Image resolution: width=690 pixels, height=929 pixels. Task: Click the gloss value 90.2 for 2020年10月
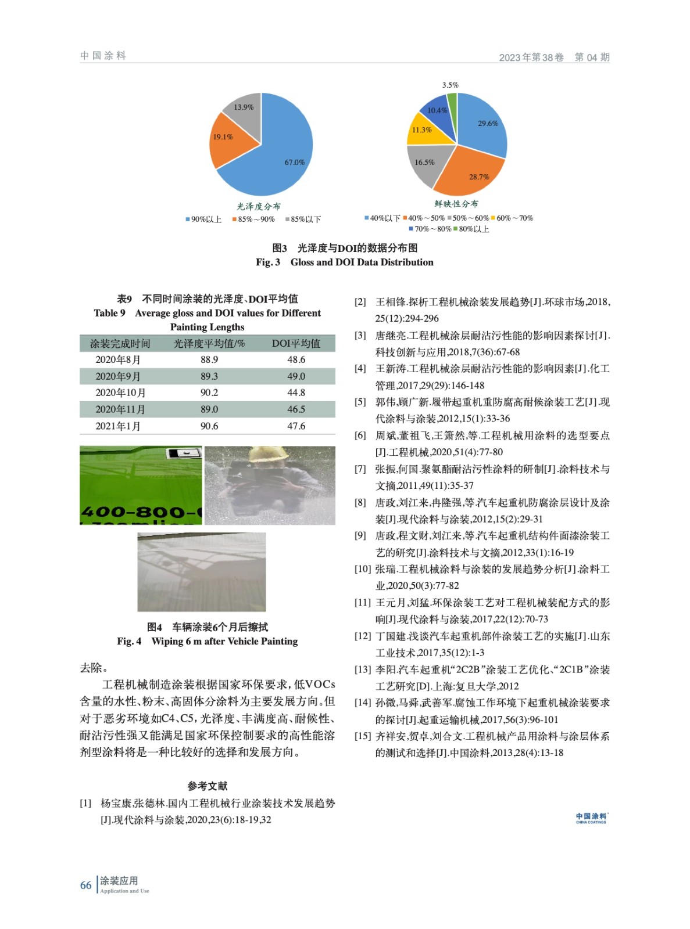pyautogui.click(x=209, y=393)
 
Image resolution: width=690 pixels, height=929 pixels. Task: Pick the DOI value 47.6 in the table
pyautogui.click(x=296, y=426)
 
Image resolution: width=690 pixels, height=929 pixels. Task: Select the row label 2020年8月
pyautogui.click(x=118, y=360)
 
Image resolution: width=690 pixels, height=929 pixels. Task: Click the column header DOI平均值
pyautogui.click(x=296, y=344)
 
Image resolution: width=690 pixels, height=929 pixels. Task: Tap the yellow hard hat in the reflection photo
pyautogui.click(x=265, y=453)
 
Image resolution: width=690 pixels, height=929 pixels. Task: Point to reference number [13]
pyautogui.click(x=363, y=669)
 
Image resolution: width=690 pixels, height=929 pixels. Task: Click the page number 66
pyautogui.click(x=85, y=885)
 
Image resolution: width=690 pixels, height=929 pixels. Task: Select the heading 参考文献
pyautogui.click(x=208, y=786)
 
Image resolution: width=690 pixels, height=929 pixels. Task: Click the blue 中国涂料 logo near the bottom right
pyautogui.click(x=591, y=818)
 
